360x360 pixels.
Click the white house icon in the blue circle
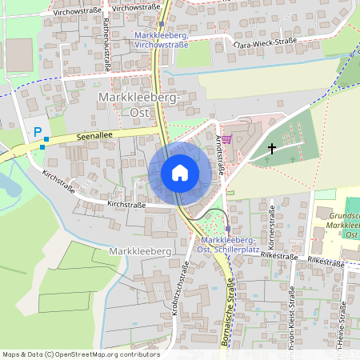coord(180,173)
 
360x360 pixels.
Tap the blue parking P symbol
coord(36,133)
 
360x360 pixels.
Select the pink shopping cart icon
coord(226,138)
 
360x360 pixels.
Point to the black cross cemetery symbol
coord(272,148)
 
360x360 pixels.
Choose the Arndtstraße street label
coord(219,156)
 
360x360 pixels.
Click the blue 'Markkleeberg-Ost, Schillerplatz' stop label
coord(228,246)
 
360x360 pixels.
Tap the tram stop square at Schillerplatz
coord(227,228)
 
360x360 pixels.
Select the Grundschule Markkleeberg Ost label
coord(339,225)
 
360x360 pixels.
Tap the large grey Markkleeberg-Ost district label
coord(141,105)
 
